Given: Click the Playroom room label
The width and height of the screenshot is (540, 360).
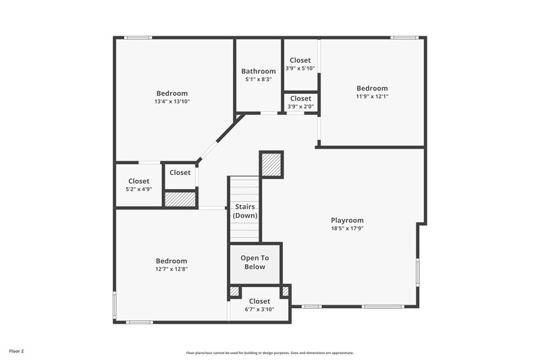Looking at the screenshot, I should pos(347,220).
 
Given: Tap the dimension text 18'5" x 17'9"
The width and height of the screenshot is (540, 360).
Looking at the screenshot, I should pos(347,228).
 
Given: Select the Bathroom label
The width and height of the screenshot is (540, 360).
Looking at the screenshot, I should pos(259,71).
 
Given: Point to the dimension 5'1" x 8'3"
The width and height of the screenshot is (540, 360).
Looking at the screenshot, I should pos(259,79).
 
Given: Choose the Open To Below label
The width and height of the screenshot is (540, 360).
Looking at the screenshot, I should pos(255,262).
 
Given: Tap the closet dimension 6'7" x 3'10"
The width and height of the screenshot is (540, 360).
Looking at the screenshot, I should pos(259,309).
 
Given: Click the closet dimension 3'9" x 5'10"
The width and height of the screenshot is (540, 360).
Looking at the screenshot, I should pos(300,68).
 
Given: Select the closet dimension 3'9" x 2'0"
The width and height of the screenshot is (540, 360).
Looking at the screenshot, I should pos(300,106).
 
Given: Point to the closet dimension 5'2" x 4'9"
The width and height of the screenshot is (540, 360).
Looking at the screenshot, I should pos(139,189).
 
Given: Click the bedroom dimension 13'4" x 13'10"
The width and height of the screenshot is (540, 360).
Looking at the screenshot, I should pos(172,101).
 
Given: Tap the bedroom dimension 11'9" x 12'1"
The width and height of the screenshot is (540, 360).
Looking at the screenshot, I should pos(372,96).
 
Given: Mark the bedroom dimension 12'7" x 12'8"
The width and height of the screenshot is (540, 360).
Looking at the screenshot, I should pos(171,269).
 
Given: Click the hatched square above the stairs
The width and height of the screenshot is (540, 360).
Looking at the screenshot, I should pos(271,165).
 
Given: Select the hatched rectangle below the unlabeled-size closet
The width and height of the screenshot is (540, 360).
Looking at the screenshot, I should pos(180,199).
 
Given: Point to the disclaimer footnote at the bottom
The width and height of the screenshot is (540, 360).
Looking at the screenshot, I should pos(270,353).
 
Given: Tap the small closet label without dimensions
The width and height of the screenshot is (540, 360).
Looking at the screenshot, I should pos(180,173).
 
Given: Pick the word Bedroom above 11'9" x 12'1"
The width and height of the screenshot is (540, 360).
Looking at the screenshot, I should pos(372,88).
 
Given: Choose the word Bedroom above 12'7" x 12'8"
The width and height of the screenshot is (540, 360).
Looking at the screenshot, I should pos(171,261).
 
